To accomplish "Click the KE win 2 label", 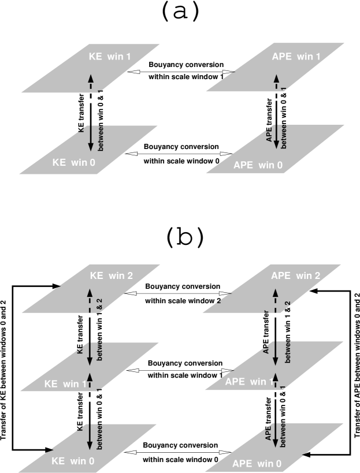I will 112,276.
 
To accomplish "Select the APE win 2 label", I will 295,276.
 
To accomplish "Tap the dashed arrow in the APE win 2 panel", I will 276,303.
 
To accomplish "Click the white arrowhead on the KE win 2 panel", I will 132,293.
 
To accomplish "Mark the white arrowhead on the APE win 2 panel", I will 224,293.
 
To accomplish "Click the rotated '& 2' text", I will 100,304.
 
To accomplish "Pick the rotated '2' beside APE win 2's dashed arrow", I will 287,303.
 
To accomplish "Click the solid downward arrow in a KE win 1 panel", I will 90,353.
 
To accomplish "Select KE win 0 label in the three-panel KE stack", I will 73,461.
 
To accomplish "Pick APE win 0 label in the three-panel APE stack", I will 257,463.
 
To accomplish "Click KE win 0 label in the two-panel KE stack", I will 73,162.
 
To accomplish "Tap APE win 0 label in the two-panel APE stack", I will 258,165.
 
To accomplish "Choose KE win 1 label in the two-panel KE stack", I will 110,57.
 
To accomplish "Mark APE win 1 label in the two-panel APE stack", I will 296,57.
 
